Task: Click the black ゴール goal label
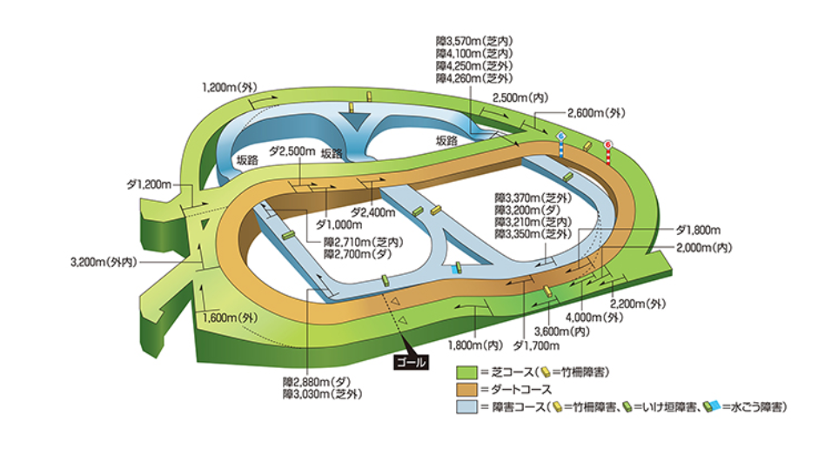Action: click(x=411, y=362)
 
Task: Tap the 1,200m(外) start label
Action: click(x=230, y=87)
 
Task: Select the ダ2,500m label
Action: click(x=292, y=151)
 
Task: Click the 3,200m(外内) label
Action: click(x=104, y=262)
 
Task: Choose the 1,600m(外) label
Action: click(x=231, y=318)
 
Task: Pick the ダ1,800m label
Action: click(x=698, y=230)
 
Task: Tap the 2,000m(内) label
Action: click(x=704, y=247)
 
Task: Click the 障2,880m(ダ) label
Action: click(x=317, y=382)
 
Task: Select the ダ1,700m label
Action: click(x=536, y=345)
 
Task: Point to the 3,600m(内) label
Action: click(x=562, y=331)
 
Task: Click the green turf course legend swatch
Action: click(x=467, y=372)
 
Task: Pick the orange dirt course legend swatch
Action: click(x=467, y=390)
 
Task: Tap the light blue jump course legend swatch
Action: click(x=467, y=407)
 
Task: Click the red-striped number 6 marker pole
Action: click(x=607, y=152)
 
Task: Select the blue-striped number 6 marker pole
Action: click(x=561, y=144)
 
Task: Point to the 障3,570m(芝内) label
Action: click(x=474, y=41)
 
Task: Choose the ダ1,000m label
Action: click(x=339, y=225)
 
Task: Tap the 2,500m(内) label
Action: click(x=520, y=97)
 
